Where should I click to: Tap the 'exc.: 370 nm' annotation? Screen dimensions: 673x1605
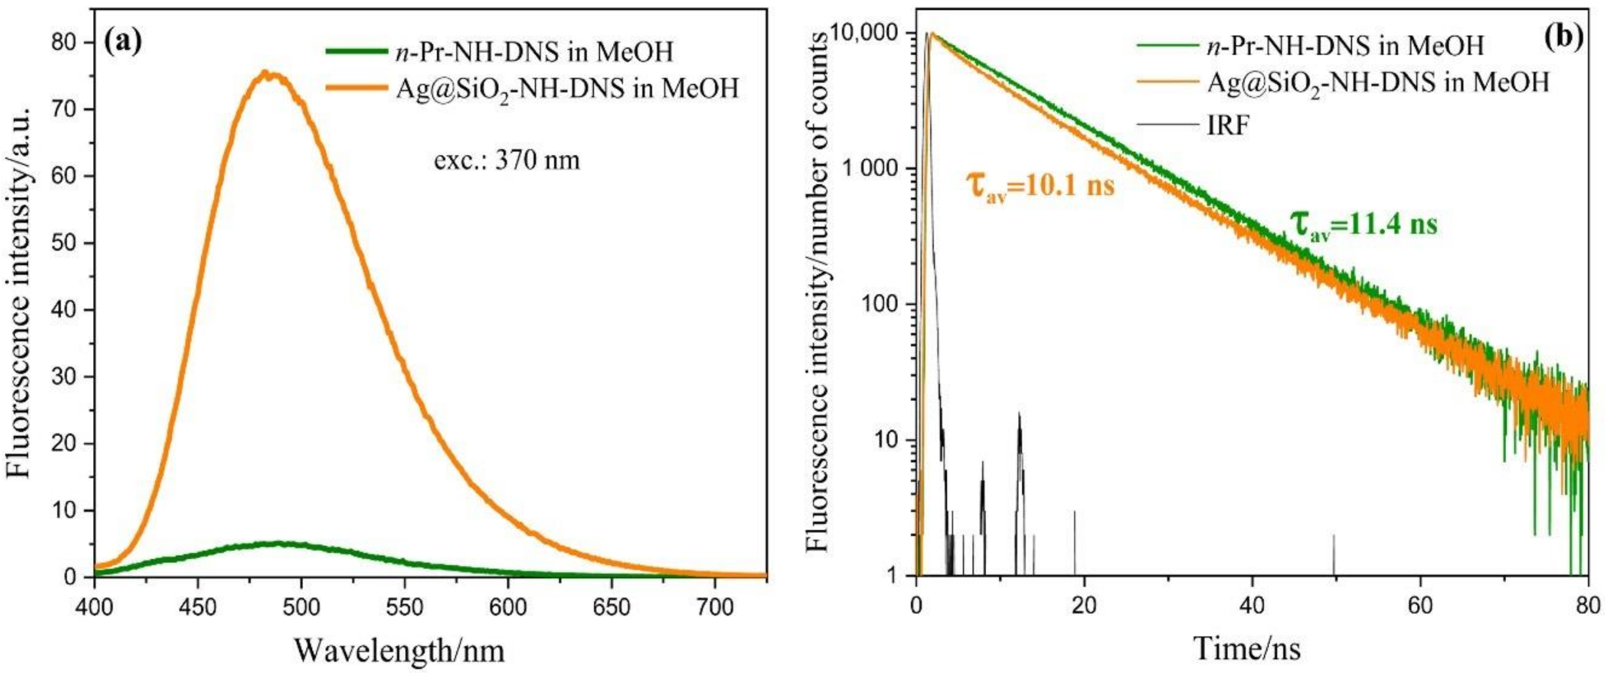click(507, 161)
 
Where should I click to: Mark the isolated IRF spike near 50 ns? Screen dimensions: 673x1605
click(1334, 553)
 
